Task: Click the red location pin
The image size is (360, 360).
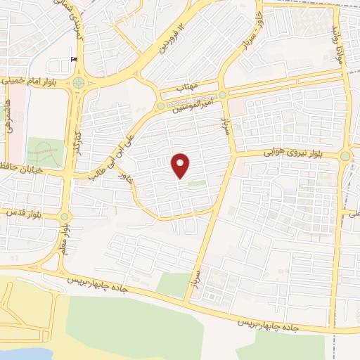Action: (x=181, y=165)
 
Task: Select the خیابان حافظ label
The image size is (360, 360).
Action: (x=24, y=169)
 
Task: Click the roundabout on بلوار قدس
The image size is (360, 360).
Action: (x=65, y=217)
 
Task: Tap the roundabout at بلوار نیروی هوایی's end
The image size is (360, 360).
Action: (x=345, y=157)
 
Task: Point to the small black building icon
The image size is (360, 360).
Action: (x=74, y=59)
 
